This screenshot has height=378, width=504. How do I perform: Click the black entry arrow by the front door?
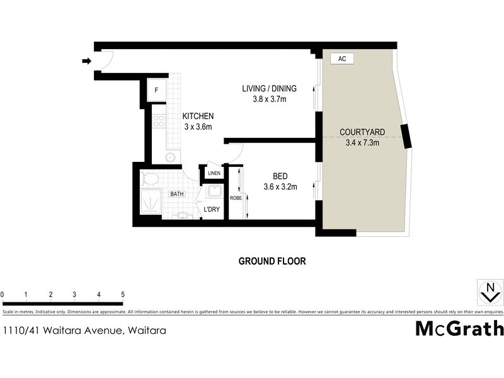(86, 61)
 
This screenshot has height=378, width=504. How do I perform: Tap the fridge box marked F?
(156, 90)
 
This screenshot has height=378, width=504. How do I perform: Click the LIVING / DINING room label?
(269, 88)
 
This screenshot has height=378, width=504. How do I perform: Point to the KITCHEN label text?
(198, 117)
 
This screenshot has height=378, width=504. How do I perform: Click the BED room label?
(280, 176)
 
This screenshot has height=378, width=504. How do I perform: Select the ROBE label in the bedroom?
(235, 198)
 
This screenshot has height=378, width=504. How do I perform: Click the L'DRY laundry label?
(211, 209)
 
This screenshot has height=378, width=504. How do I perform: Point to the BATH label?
(176, 194)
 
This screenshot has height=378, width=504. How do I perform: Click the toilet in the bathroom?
(151, 179)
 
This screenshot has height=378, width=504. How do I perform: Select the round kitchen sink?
(170, 157)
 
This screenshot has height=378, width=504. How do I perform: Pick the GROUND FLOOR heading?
(272, 261)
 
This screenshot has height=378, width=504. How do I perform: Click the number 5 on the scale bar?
(123, 294)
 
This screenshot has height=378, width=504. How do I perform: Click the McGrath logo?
(459, 328)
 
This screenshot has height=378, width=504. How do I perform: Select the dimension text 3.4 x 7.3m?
(362, 142)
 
